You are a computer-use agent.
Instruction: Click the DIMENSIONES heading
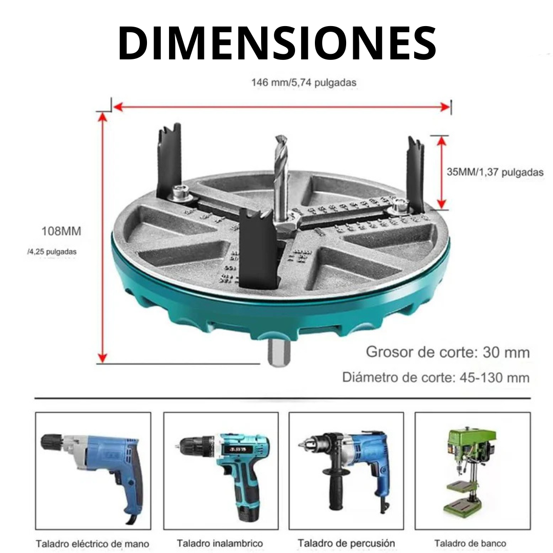point(276,42)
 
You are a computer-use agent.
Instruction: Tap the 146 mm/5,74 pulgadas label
point(304,82)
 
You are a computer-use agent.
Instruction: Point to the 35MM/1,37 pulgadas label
point(495,173)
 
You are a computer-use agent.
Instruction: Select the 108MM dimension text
point(61,231)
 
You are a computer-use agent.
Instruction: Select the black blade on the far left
point(170,159)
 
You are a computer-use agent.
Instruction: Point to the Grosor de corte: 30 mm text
point(448,352)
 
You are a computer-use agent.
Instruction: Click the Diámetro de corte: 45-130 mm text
point(436,378)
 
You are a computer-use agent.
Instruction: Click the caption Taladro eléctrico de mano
point(93,544)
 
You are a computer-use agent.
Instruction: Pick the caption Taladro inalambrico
point(220,543)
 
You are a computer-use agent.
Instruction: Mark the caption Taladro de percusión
point(346,543)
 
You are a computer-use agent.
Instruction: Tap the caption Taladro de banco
point(470,543)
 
